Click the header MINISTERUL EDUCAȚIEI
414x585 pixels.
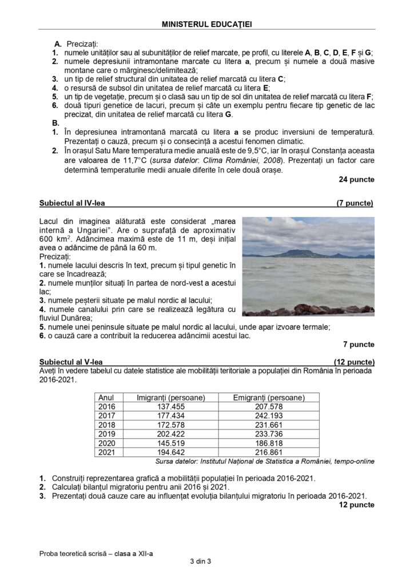click(x=207, y=25)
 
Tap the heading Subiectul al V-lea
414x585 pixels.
click(x=71, y=362)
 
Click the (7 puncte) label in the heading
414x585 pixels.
click(x=355, y=203)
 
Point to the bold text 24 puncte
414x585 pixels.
click(x=357, y=179)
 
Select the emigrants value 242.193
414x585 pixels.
click(x=269, y=415)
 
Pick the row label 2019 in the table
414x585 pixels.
click(x=107, y=434)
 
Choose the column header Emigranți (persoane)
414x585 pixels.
click(x=269, y=397)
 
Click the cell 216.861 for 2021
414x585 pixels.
click(x=269, y=452)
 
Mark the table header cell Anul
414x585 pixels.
click(x=107, y=397)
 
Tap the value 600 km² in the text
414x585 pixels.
click(x=55, y=239)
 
